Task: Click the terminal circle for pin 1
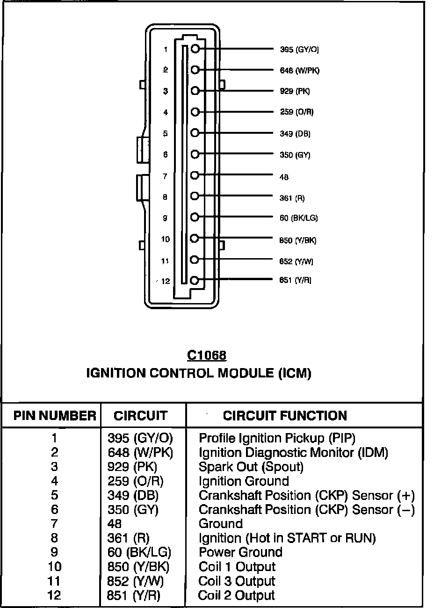click(x=195, y=49)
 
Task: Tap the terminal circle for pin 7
click(x=195, y=175)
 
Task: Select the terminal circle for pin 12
click(x=195, y=281)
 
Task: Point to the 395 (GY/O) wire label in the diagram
click(x=299, y=50)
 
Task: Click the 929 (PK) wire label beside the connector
click(x=295, y=91)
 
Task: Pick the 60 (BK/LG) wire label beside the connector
click(x=298, y=218)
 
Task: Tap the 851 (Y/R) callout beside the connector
click(x=295, y=280)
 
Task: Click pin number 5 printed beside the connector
click(x=165, y=134)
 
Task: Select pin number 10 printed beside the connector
click(x=165, y=239)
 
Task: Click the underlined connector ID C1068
click(x=207, y=355)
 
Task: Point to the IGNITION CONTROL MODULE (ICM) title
click(x=199, y=373)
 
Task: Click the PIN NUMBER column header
click(x=55, y=416)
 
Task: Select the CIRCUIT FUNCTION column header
click(x=285, y=416)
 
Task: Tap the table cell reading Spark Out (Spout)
click(x=251, y=467)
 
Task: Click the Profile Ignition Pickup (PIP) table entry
click(x=277, y=438)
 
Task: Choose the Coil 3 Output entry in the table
click(x=237, y=581)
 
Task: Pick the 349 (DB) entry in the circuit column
click(x=133, y=495)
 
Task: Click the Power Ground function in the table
click(x=240, y=552)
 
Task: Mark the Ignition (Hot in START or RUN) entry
click(x=287, y=538)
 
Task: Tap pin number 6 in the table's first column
click(x=55, y=509)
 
